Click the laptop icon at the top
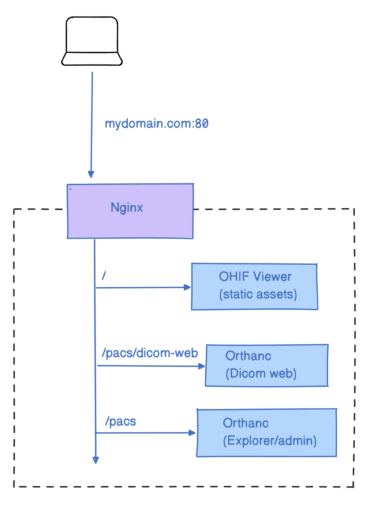pos(92,42)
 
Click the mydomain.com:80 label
pos(157,124)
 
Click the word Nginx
pos(127,208)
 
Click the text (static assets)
pos(258,295)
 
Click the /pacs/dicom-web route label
pos(150,353)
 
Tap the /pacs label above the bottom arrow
pos(121,422)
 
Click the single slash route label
pos(104,275)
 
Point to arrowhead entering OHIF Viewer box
pos(188,287)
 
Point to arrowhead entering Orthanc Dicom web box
pos(202,366)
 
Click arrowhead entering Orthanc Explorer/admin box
pos(192,433)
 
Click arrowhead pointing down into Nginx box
pos(91,174)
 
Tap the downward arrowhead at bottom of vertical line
pos(96,460)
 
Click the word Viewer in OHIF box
pos(272,277)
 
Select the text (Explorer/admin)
pos(270,441)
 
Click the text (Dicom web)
pos(261,374)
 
